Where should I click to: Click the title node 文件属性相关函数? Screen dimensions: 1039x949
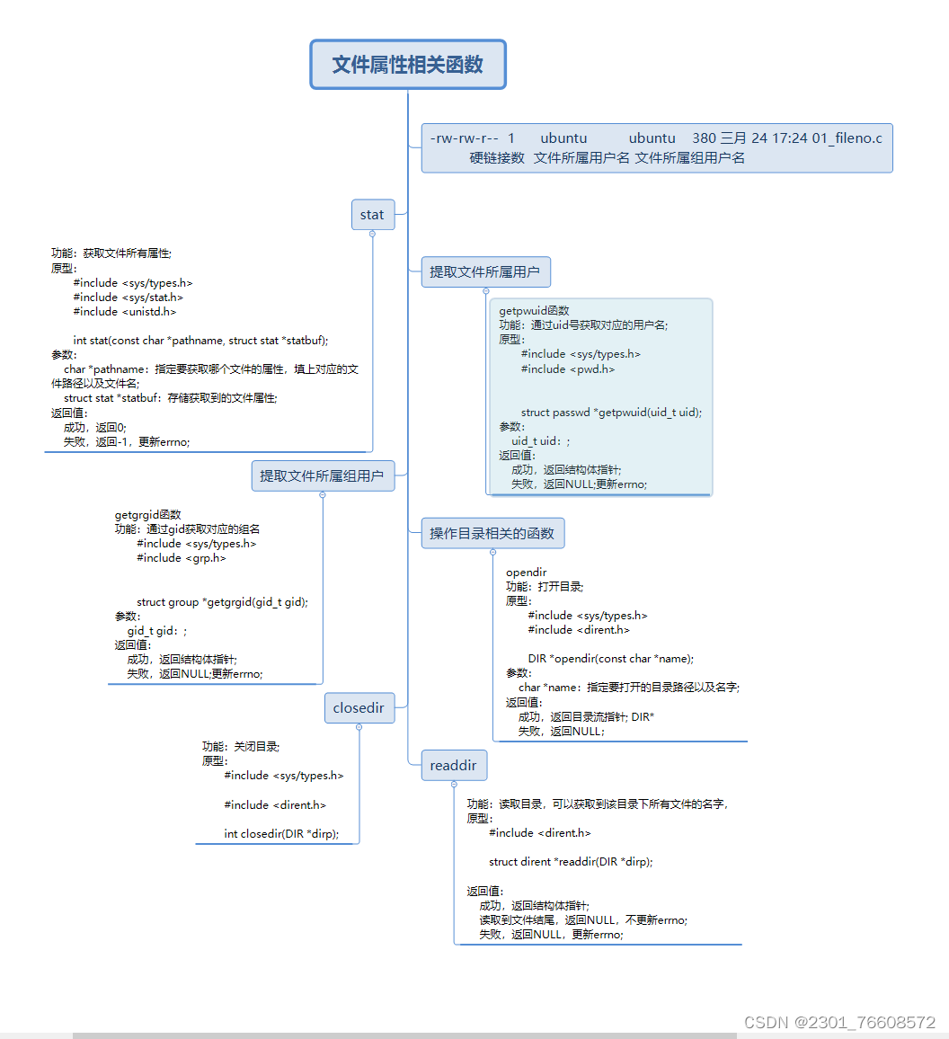[408, 65]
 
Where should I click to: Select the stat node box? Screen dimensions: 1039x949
[372, 215]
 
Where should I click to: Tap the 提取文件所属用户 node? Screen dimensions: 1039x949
[485, 271]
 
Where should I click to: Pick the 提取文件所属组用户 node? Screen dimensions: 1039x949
[323, 475]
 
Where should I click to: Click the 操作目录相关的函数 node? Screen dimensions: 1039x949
[492, 533]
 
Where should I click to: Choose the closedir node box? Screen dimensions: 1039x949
[359, 707]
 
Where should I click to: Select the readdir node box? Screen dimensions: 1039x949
[454, 765]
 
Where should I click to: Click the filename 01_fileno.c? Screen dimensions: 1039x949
[847, 138]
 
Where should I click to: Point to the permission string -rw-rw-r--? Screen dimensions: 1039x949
[464, 138]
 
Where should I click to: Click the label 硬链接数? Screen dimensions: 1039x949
[496, 158]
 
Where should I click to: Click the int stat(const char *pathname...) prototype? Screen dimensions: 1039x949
[200, 341]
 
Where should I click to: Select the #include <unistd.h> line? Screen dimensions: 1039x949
[125, 312]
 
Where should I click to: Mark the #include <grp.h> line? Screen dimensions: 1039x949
[182, 558]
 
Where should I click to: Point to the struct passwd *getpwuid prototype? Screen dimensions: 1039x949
[611, 413]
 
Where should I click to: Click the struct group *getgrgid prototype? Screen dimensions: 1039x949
[222, 602]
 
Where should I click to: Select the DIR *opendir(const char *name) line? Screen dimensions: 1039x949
[611, 659]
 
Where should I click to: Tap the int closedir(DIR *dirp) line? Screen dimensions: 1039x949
[281, 834]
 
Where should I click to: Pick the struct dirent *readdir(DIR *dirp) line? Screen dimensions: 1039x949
[571, 862]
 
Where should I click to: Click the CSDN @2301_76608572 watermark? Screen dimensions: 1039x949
[840, 1023]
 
